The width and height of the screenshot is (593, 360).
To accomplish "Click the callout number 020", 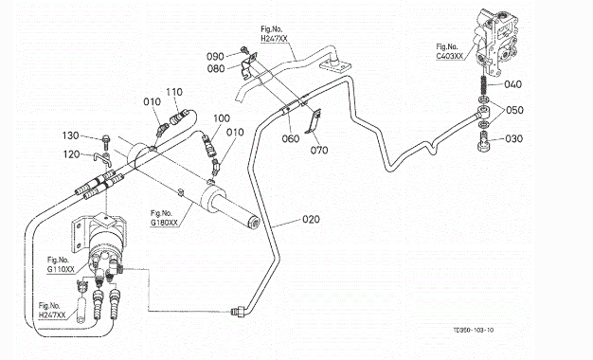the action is point(311,220).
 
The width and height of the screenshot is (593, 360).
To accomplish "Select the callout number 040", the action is point(512,84).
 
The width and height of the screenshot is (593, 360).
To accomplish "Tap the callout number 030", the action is point(514,138).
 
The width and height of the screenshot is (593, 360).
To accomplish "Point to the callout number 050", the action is point(514,110).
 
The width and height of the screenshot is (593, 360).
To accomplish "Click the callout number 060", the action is point(291,138).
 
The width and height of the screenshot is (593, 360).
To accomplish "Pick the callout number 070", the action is point(319,151).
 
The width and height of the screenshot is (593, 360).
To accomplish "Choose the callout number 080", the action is point(216,68).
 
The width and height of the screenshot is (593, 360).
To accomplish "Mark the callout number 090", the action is point(215,57).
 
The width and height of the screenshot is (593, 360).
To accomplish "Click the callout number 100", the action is point(222,118).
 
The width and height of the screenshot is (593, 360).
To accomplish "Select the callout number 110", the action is point(174,92).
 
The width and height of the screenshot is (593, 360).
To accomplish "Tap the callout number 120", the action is point(71,154).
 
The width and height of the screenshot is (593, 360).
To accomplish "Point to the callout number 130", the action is point(70,135).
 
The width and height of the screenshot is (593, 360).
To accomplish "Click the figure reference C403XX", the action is point(449,56).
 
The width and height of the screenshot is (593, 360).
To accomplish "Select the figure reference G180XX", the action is point(164,223).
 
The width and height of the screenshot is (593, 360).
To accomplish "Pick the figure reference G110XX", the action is point(61,270).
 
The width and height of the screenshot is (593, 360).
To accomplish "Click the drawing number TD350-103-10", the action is point(473,330).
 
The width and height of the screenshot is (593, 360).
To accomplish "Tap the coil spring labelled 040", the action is point(484,85).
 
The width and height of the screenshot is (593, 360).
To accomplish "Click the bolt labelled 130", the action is point(105,142).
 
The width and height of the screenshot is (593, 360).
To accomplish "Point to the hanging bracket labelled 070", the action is point(314,121).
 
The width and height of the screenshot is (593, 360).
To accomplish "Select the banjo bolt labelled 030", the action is point(484,141).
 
